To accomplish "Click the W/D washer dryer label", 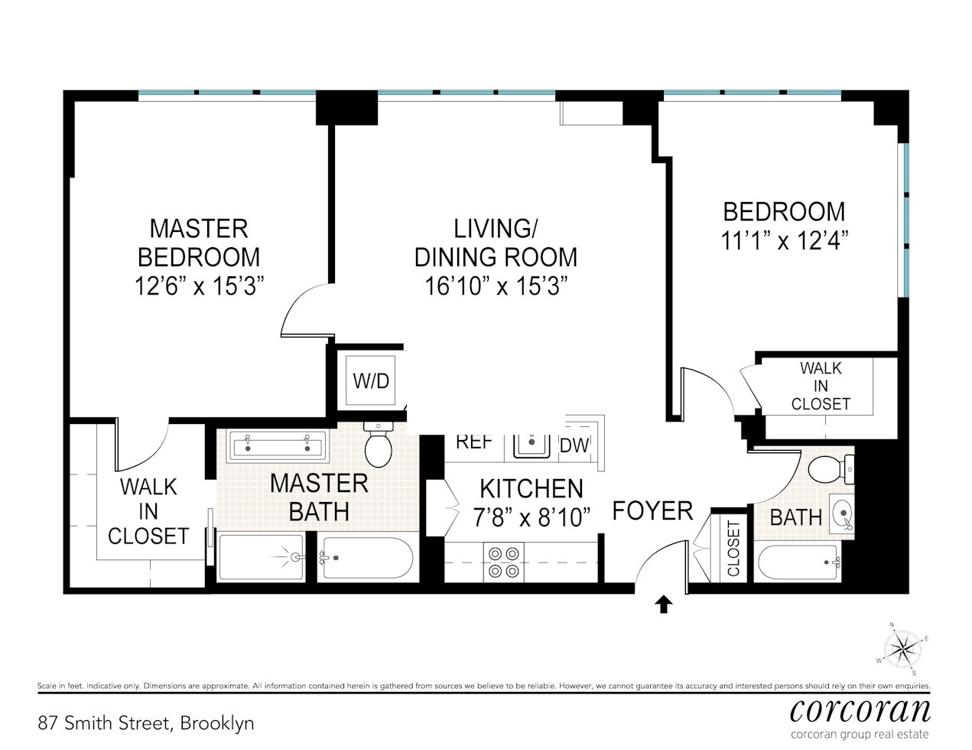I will tap(371, 381).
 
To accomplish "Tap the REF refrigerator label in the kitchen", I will tap(473, 442).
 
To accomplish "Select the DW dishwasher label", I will tap(575, 445).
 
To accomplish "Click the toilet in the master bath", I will tap(379, 445).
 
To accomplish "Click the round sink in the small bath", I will tap(841, 514).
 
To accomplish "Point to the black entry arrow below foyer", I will tap(663, 605).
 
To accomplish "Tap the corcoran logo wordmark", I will tap(860, 710).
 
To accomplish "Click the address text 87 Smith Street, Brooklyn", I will tap(145, 722).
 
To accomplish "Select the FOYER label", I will tap(652, 510).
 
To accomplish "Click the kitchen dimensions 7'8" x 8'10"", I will tap(532, 518).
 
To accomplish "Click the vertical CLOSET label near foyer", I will tap(733, 549).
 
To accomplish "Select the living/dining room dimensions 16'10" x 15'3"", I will tap(496, 286).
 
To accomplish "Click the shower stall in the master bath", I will tap(262, 557).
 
